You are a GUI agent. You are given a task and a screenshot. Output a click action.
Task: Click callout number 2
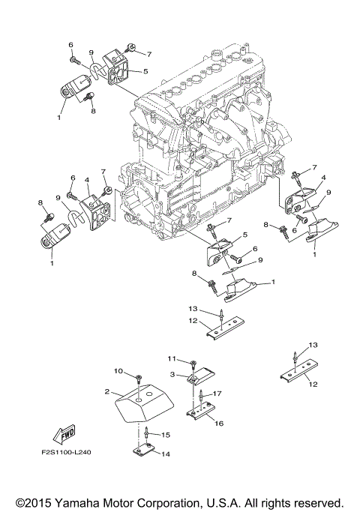[107, 392]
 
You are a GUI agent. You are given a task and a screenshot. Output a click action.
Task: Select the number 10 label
[118, 371]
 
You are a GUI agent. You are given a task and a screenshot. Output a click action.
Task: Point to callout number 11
[171, 359]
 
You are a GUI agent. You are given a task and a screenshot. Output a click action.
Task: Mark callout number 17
[217, 393]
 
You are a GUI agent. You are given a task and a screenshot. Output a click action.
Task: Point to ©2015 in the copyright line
[36, 502]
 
